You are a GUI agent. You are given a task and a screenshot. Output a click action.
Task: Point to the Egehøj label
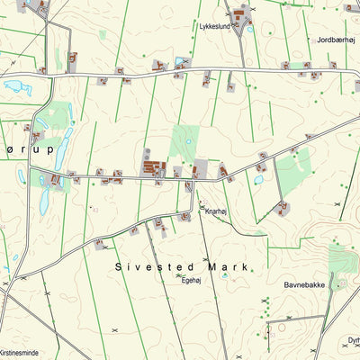(191, 280)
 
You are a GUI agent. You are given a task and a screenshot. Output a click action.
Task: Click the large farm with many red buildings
(155, 167)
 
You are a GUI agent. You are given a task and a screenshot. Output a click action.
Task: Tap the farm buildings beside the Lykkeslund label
(240, 16)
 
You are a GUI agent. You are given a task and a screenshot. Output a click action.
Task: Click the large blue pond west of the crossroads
(17, 88)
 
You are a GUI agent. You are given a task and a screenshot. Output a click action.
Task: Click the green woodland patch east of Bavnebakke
(340, 260)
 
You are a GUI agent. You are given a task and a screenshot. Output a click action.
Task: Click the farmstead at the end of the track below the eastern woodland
(283, 209)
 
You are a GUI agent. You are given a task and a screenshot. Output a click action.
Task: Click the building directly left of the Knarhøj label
(201, 205)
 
